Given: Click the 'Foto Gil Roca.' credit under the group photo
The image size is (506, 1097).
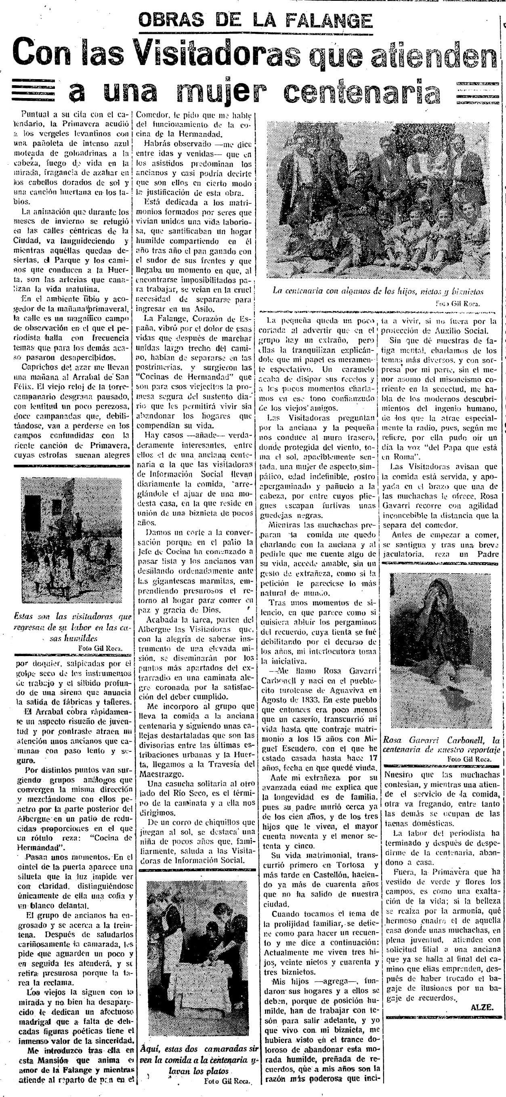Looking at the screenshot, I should pyautogui.click(x=458, y=304).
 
